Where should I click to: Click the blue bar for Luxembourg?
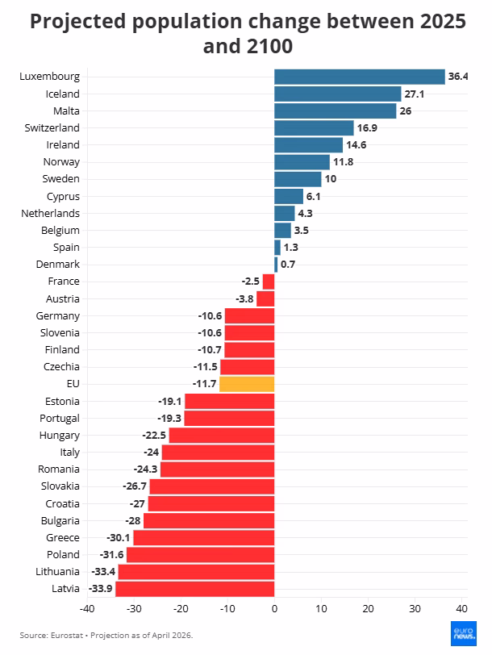[359, 77]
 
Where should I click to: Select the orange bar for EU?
[247, 384]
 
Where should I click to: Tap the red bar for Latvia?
[195, 588]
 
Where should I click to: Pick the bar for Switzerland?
[314, 127]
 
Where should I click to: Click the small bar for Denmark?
[276, 264]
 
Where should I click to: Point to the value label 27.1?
[414, 94]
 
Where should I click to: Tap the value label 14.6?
[356, 144]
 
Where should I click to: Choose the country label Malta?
[66, 111]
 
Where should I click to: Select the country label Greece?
[62, 537]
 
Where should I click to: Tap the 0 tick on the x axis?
[274, 608]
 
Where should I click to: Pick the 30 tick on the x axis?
[415, 608]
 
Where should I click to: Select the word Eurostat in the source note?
[68, 635]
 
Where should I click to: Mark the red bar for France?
[269, 282]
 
